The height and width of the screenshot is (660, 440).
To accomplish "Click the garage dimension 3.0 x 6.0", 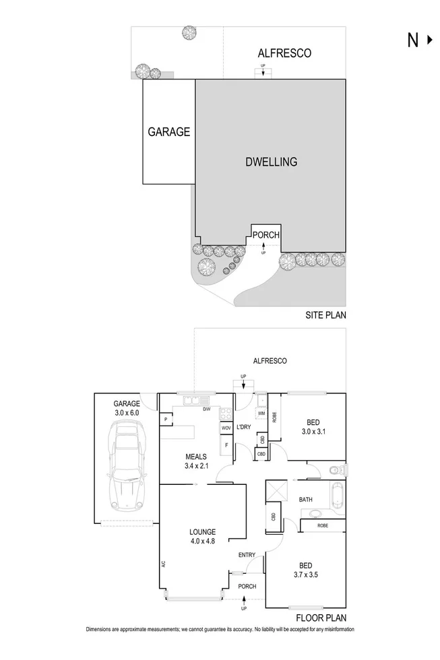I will pos(126,413).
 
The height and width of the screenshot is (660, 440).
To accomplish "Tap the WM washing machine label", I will pos(261,413).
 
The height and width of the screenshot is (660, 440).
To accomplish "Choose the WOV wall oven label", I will pos(226,428).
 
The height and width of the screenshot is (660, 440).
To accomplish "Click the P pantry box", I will pos(164,420).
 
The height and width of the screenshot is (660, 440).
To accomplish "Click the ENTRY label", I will pos(247,554).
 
